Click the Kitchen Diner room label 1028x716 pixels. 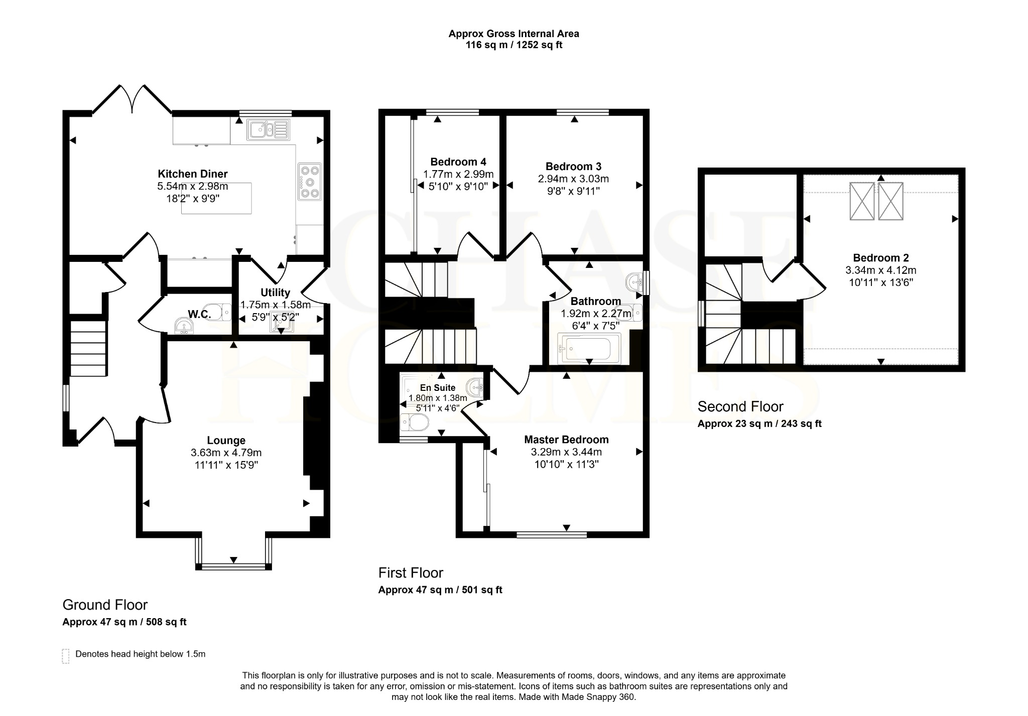point(193,174)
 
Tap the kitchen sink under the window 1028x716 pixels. point(269,129)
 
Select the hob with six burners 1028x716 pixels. point(309,182)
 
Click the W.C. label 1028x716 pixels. point(199,315)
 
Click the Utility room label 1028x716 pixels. point(275,293)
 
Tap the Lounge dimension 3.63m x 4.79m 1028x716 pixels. point(226,453)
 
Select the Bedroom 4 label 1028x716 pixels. point(458,162)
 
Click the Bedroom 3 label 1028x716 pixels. point(573,167)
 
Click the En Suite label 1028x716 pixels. point(438,388)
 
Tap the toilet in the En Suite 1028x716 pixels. point(415,423)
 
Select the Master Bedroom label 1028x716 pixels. point(566,440)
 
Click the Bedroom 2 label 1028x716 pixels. point(881,258)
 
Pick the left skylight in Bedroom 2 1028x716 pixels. point(862,201)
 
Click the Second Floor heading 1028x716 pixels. point(740,406)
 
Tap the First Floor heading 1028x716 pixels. point(411,573)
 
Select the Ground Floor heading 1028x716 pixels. point(105,605)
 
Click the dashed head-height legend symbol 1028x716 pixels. point(66,656)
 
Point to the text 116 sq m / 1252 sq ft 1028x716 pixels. point(514,45)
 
